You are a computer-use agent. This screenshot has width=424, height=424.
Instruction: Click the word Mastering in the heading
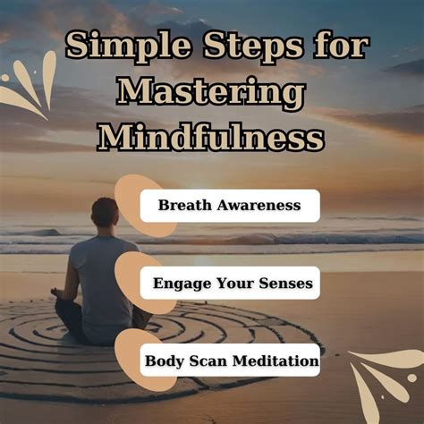pyautogui.click(x=211, y=92)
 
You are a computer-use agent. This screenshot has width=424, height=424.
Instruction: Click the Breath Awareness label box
pyautogui.click(x=229, y=206)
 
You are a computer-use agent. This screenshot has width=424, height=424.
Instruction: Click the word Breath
pyautogui.click(x=184, y=206)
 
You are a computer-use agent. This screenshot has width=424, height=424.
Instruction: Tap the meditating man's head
pyautogui.click(x=105, y=212)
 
